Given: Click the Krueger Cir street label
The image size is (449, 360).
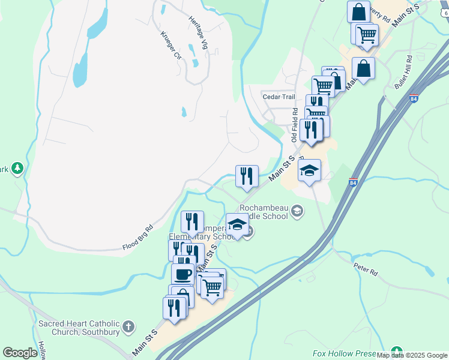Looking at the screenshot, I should click(x=170, y=45).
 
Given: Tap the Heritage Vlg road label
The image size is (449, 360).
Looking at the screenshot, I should click(x=198, y=28).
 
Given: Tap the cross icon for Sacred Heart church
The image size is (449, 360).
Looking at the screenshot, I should click(x=127, y=328).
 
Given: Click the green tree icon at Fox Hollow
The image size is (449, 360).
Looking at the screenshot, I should click(x=396, y=351).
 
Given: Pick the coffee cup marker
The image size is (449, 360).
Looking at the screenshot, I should click(x=182, y=275).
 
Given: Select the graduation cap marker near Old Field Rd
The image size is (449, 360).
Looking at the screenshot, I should click(x=309, y=170).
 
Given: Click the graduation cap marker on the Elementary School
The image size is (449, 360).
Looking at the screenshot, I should click(x=237, y=225).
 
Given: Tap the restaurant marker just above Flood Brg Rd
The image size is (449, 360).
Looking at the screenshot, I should click(x=192, y=222).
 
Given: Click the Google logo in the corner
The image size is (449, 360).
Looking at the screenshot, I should click(x=20, y=353).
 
